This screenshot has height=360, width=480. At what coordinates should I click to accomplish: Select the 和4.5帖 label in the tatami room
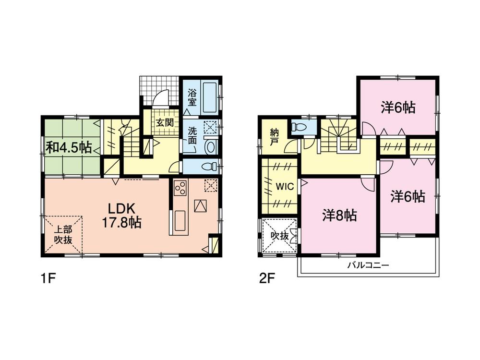pyautogui.click(x=69, y=147)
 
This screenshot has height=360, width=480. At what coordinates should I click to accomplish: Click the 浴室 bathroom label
pyautogui.click(x=192, y=98)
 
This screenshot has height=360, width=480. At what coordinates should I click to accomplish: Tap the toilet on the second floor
pyautogui.click(x=298, y=127)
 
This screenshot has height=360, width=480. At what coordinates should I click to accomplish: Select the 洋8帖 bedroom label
pyautogui.click(x=339, y=216)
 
